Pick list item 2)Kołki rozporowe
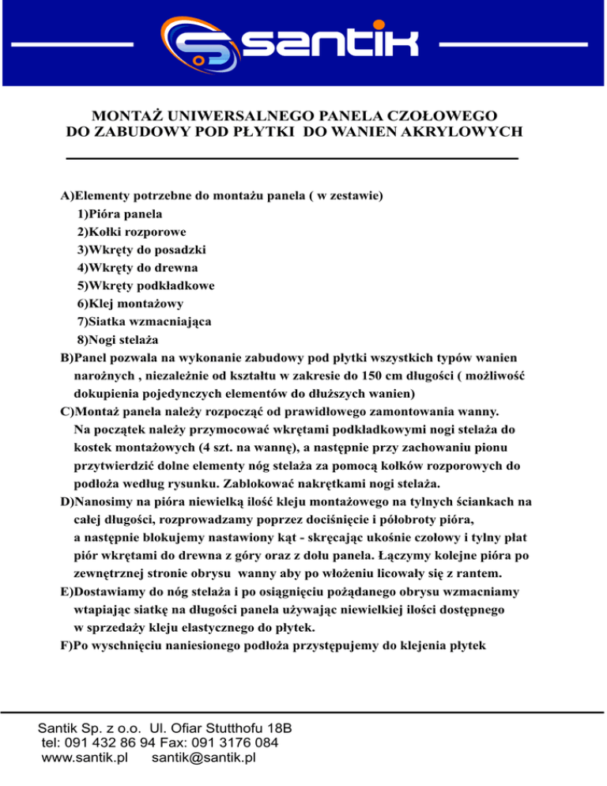[x=131, y=232]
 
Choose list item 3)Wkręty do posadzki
[x=141, y=250]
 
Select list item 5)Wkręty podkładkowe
[x=147, y=285]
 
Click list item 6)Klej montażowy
[x=130, y=304]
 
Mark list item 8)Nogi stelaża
[x=118, y=340]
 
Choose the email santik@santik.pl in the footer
[x=203, y=758]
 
